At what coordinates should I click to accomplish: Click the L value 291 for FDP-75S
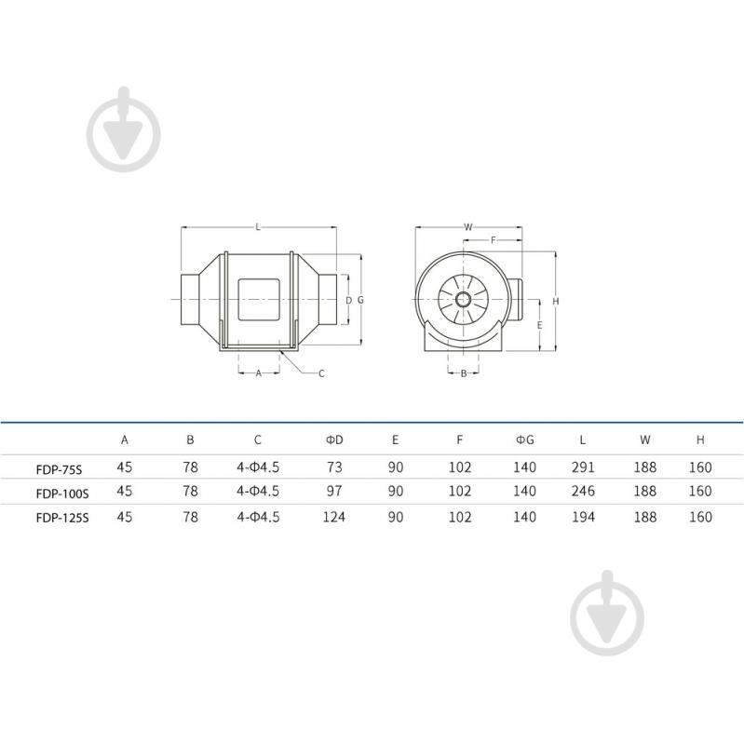583,467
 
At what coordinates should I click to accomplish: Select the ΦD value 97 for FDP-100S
334,491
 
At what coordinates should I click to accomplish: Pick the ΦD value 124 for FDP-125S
334,516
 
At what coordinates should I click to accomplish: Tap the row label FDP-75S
59,469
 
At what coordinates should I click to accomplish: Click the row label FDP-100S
62,494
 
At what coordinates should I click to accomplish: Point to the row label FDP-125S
62,517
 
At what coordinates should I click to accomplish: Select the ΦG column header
525,440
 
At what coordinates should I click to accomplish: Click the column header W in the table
645,440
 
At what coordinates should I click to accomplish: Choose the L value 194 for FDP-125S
583,516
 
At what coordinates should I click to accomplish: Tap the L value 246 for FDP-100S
583,491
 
